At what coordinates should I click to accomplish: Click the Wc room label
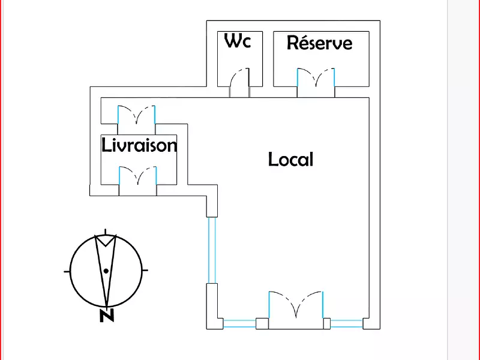[237, 41]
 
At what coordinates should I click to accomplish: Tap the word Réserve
[319, 43]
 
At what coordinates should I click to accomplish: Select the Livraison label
[139, 145]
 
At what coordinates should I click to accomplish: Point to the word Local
[290, 160]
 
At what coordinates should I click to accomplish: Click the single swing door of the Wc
[240, 83]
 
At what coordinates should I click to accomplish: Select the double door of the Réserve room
[316, 81]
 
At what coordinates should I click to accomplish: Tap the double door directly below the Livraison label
[137, 179]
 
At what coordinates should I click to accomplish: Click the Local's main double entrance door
[295, 307]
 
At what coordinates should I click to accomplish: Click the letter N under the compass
[107, 316]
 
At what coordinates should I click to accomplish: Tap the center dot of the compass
[106, 271]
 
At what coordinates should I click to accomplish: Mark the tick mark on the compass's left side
[67, 271]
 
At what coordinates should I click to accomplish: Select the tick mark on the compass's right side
[146, 271]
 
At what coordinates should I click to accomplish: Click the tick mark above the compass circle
[106, 232]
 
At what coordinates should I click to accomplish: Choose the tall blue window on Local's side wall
[211, 249]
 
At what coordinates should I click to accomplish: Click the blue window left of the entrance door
[239, 324]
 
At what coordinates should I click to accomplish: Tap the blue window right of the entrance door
[346, 324]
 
